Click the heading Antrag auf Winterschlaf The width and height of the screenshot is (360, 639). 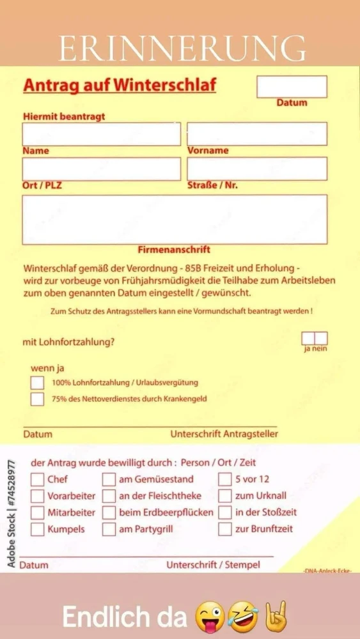coord(120,86)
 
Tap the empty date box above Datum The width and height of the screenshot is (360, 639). coord(292,87)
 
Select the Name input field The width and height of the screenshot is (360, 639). coord(102,134)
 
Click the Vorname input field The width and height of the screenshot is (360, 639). coord(256,134)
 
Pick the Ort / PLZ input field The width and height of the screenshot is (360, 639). coord(102,169)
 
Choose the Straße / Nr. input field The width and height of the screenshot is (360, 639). coord(256,169)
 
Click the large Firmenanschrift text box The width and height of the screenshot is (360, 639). coord(175,220)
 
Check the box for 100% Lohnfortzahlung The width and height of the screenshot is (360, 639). coord(38,383)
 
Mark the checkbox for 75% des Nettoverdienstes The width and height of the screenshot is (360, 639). coord(38,399)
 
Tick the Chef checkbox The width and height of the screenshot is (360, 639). coord(38,479)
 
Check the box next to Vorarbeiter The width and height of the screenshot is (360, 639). coord(38,496)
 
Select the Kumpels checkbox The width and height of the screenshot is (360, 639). coord(38,529)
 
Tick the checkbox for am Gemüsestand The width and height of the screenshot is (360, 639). coord(109,479)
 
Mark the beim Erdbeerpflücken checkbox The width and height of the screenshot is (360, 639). coord(109,512)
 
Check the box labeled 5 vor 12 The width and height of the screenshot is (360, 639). coord(225,479)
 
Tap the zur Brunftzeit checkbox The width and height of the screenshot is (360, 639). coord(225,529)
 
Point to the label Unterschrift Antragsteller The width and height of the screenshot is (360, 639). coord(224,434)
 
